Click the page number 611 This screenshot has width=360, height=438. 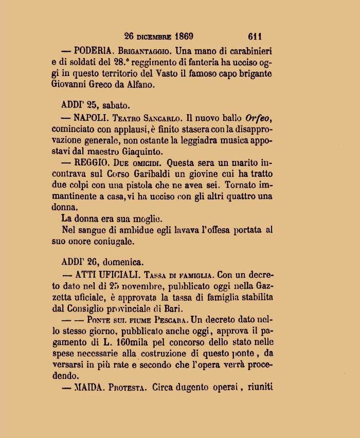[x=255, y=36]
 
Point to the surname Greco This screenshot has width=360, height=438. [x=112, y=85]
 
